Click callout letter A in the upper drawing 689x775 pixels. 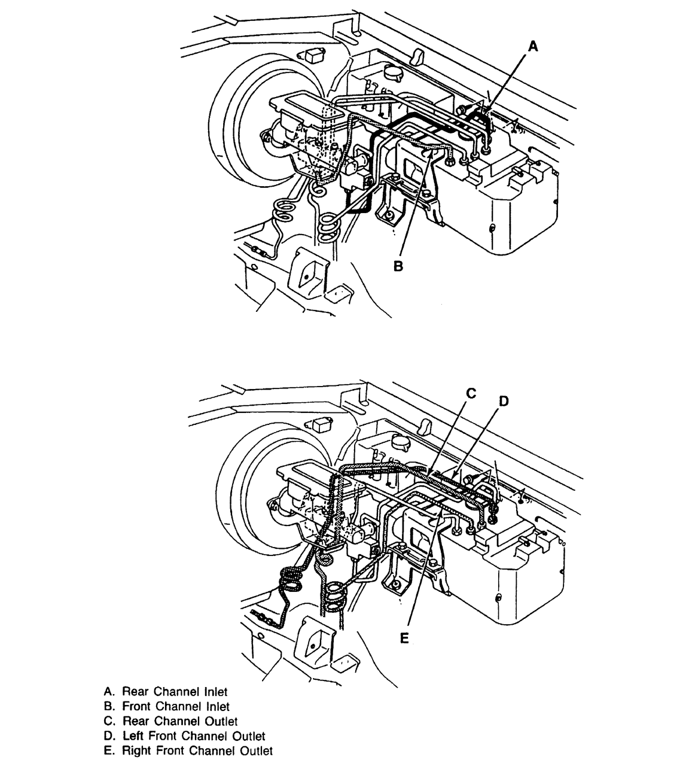point(533,47)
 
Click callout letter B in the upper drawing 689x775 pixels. point(398,266)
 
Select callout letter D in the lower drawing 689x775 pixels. point(504,401)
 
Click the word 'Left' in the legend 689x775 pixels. point(133,736)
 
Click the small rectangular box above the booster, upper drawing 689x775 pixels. point(313,56)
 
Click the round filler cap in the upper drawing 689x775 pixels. point(392,72)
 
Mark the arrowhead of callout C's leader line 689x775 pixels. point(428,476)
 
